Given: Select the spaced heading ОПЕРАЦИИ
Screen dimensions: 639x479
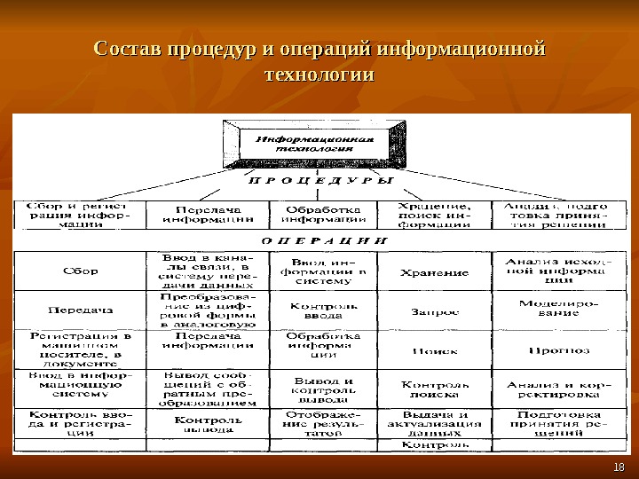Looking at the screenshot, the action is [x=324, y=239].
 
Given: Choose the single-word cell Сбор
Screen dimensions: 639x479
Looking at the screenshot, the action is [x=80, y=271].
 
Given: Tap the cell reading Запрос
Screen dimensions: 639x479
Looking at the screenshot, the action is [x=435, y=311].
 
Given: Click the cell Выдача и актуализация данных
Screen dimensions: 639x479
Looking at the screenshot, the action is [x=435, y=425].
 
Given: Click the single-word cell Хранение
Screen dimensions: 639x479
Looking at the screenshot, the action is [x=435, y=271].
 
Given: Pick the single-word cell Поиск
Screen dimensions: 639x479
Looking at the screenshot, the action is [x=435, y=350].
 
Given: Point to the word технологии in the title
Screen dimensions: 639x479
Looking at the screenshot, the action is [x=319, y=76].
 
